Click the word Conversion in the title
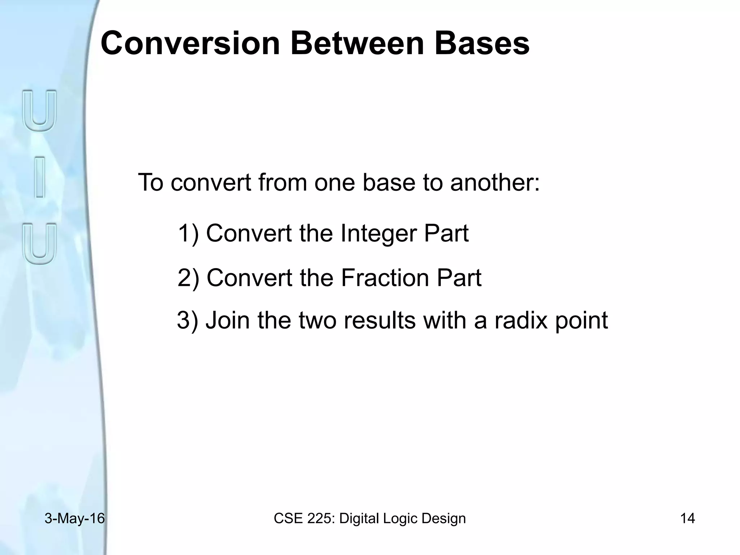click(190, 43)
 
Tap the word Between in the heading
click(357, 43)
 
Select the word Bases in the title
click(482, 43)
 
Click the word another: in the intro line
click(495, 182)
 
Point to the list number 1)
click(188, 233)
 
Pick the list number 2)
click(188, 278)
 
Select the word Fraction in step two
click(385, 278)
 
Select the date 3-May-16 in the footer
click(74, 519)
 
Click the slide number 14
click(687, 519)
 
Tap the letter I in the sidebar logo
click(40, 177)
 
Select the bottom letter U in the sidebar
click(40, 244)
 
